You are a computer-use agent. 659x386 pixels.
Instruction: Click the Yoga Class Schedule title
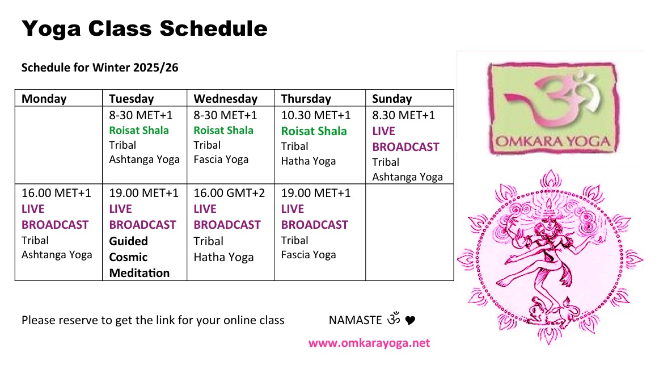tap(145, 28)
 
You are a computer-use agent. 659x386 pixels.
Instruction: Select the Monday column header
tap(44, 99)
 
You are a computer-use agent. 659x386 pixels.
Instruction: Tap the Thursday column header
tap(306, 99)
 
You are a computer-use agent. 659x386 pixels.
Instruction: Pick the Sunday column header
tap(392, 99)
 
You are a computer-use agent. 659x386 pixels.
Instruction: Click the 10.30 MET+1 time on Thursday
tap(316, 115)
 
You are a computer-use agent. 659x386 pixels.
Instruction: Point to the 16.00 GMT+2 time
tap(229, 193)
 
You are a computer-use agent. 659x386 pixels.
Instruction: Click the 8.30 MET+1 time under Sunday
tap(403, 115)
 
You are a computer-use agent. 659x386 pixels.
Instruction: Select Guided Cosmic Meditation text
tap(140, 257)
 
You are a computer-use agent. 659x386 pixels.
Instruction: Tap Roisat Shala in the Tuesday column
tap(139, 131)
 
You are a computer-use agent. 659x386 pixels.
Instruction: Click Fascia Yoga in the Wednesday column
tap(221, 160)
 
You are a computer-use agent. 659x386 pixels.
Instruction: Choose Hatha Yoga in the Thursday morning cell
tap(309, 161)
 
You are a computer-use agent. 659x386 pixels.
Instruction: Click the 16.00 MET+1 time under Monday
tap(56, 193)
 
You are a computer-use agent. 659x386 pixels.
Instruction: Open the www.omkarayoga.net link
tap(369, 343)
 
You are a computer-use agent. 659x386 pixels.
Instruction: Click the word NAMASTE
tap(355, 320)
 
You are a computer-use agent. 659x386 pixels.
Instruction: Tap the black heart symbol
tap(410, 320)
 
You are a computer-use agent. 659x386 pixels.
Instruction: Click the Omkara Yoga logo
tap(553, 108)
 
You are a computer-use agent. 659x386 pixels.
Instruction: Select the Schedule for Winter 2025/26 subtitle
tap(100, 68)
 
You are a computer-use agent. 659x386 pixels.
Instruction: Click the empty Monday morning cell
tap(58, 145)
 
